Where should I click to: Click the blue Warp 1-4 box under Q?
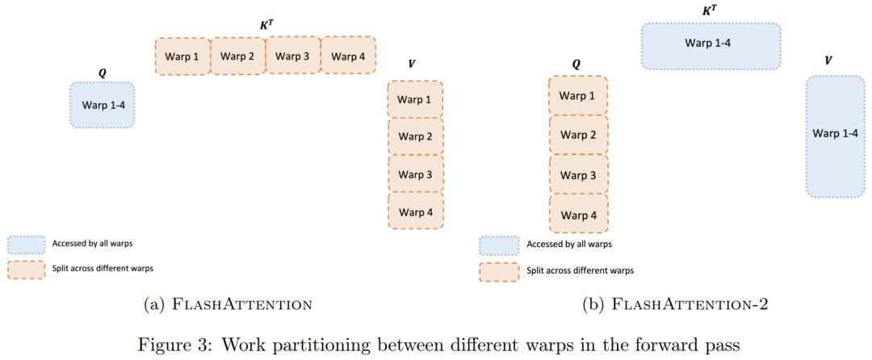[x=102, y=105]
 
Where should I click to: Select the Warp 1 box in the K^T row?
[x=182, y=57]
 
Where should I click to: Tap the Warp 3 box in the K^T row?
[x=293, y=56]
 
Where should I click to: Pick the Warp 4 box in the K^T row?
[x=349, y=56]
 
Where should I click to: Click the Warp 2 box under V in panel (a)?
[x=416, y=136]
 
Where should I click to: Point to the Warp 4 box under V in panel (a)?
[x=416, y=212]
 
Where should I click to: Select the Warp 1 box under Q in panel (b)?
[x=578, y=96]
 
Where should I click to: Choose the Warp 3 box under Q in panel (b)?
[x=578, y=175]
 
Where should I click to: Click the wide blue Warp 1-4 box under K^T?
[x=711, y=45]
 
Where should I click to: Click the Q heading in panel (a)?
[x=102, y=72]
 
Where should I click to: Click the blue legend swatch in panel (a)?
[x=26, y=244]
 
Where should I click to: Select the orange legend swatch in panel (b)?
[x=498, y=270]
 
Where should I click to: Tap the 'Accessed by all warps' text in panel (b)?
[x=568, y=244]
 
